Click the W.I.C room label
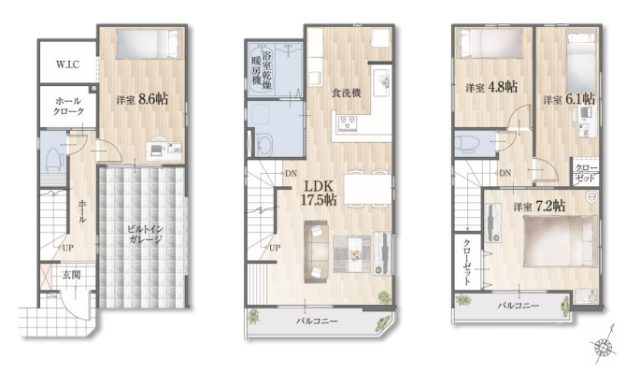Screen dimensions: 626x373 (x=67, y=65)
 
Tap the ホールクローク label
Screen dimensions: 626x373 (x=68, y=107)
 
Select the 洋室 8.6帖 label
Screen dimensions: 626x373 (x=142, y=99)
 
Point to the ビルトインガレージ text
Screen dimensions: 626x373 (x=145, y=235)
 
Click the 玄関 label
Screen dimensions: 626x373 (x=72, y=275)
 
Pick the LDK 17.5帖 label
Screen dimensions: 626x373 (x=319, y=193)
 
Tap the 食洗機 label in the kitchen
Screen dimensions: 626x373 (x=346, y=93)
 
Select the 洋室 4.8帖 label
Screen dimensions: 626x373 (x=491, y=87)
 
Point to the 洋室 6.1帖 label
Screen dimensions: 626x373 (x=569, y=99)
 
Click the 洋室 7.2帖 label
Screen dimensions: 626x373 (x=539, y=207)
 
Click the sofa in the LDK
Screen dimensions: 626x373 (x=317, y=252)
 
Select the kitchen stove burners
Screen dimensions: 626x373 (x=349, y=123)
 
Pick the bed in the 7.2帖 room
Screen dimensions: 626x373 (x=560, y=241)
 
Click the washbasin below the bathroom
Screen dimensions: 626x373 (x=264, y=144)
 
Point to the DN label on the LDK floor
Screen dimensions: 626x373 (x=291, y=174)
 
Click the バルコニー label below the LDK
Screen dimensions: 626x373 (x=317, y=321)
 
